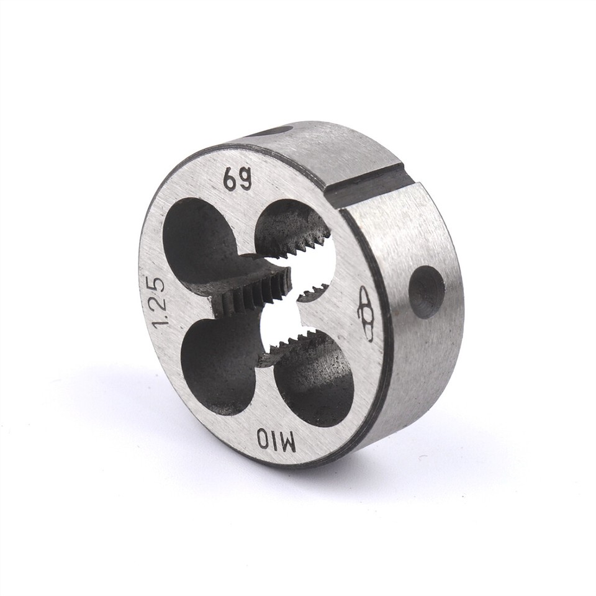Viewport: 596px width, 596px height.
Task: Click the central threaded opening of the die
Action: [282, 310]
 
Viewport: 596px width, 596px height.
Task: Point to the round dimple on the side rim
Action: [427, 292]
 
